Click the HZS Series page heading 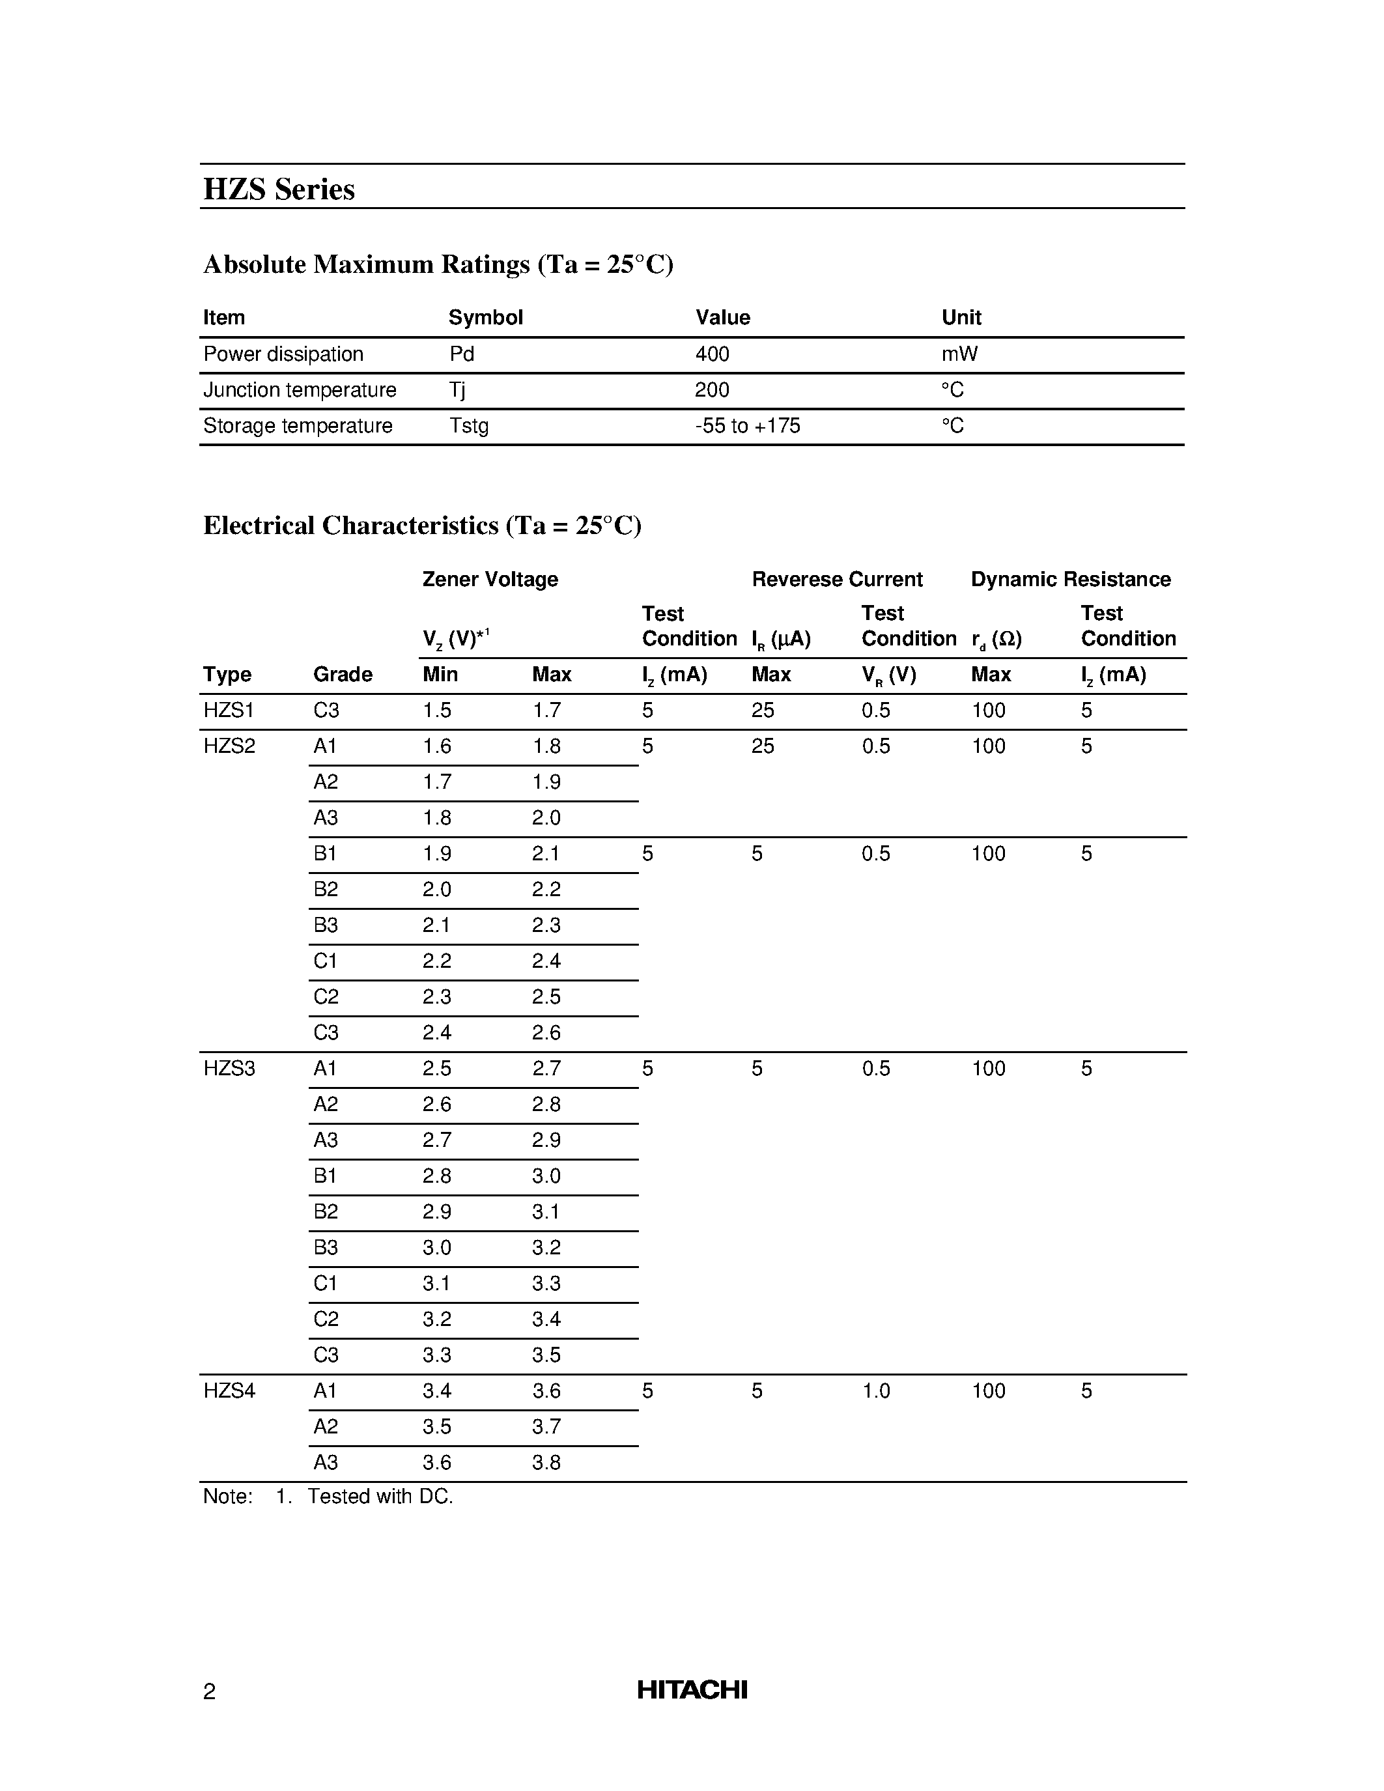point(279,190)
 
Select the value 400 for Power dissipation point(712,354)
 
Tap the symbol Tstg point(468,426)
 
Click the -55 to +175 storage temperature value point(747,426)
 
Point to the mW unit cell point(959,354)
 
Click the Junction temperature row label point(299,390)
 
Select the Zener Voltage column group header point(490,579)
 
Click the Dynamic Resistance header point(1070,579)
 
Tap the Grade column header point(343,674)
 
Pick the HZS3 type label point(229,1069)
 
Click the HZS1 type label point(229,710)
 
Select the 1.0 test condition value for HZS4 point(875,1391)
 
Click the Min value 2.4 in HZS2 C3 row point(437,1032)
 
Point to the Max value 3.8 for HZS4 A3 point(546,1462)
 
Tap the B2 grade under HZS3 point(326,1212)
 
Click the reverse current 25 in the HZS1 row point(763,710)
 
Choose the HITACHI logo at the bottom point(692,1690)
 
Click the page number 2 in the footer point(209,1692)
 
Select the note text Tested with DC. point(380,1497)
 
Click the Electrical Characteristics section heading point(422,526)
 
